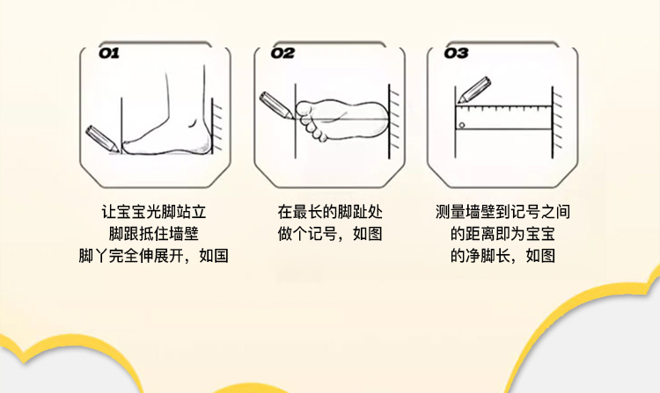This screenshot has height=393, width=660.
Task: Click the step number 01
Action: pos(108,53)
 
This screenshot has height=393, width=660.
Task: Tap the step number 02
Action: pos(282,53)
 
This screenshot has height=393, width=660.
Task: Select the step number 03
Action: pos(456,53)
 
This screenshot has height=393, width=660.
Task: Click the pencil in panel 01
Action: pos(102,139)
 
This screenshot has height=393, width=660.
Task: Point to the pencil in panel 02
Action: pos(276,106)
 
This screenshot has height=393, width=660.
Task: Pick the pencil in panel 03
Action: pos(474,90)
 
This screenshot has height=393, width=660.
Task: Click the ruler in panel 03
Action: pos(503,118)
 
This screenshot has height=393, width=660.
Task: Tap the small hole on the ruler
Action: pos(462,125)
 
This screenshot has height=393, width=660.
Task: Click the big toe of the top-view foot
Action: pos(304,109)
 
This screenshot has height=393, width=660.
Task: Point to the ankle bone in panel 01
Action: pos(193,122)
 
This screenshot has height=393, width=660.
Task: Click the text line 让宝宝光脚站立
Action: pos(154,211)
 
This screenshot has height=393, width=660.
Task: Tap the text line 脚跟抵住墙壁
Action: pos(154,233)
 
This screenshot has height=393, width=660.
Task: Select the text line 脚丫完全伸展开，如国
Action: pos(154,255)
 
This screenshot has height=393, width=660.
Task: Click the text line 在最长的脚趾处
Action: pos(330,211)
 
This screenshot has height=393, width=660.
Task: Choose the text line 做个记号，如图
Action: pos(330,233)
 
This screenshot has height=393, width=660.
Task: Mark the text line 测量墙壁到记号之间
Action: pos(503,211)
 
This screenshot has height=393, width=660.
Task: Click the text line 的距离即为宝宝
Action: pos(503,233)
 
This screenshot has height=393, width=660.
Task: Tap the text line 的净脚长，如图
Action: pos(503,255)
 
